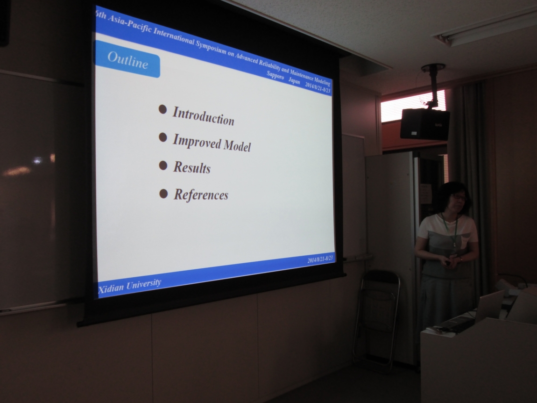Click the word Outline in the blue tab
tap(128, 60)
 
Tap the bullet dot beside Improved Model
tap(163, 137)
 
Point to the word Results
tap(192, 167)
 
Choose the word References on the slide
tap(201, 194)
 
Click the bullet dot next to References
tap(163, 194)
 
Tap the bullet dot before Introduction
tap(163, 109)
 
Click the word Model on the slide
tap(237, 145)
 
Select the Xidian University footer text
tap(129, 286)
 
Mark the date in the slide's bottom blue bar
tap(320, 259)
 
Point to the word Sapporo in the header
tap(276, 75)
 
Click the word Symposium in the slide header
tap(211, 46)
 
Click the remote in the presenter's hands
tap(448, 263)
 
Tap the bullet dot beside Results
tap(163, 166)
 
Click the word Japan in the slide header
tap(294, 80)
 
